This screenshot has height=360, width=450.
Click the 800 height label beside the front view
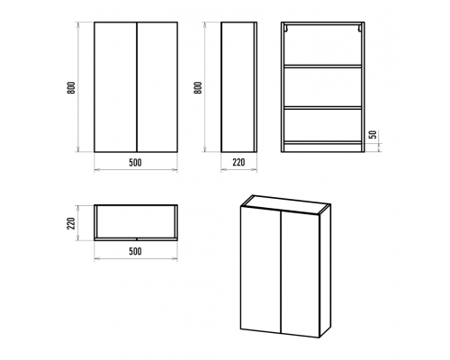click(71, 87)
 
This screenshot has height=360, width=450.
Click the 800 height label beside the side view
click(198, 87)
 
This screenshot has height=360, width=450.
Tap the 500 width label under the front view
click(135, 163)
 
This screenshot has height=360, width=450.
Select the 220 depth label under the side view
click(238, 162)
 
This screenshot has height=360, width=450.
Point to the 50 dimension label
click(373, 135)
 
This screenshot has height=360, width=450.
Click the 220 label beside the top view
click(71, 223)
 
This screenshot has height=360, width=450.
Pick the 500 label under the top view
click(135, 251)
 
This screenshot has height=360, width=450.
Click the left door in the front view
click(115, 87)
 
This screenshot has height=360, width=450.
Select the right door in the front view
click(157, 87)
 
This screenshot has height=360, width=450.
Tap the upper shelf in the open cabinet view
click(323, 67)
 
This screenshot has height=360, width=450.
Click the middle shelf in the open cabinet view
click(323, 107)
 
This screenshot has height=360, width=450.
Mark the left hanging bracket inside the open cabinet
click(287, 28)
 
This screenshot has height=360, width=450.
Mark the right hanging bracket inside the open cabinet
click(359, 28)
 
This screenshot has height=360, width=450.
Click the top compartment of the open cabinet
click(323, 45)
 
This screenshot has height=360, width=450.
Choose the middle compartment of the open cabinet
click(323, 87)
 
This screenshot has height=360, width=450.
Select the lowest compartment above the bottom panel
click(323, 125)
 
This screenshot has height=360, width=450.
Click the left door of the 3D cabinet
click(261, 269)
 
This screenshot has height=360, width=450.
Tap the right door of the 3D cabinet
click(300, 274)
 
